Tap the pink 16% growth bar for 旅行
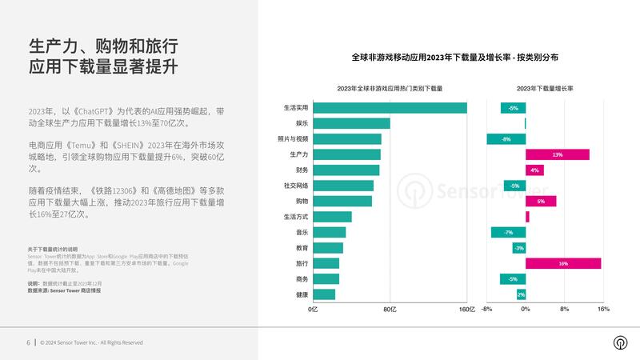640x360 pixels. click(563, 263)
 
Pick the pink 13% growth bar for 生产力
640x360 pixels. click(557, 154)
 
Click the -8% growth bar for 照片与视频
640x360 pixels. click(506, 139)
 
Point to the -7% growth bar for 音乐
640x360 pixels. click(508, 232)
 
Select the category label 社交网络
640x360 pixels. click(296, 186)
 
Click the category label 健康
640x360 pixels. click(301, 294)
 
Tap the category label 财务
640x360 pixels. click(301, 170)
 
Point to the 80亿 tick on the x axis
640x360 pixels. click(390, 309)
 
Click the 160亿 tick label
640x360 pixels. click(466, 309)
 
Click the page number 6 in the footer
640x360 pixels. click(28, 342)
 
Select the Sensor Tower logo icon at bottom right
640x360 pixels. click(619, 342)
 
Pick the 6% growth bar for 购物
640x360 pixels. click(541, 201)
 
